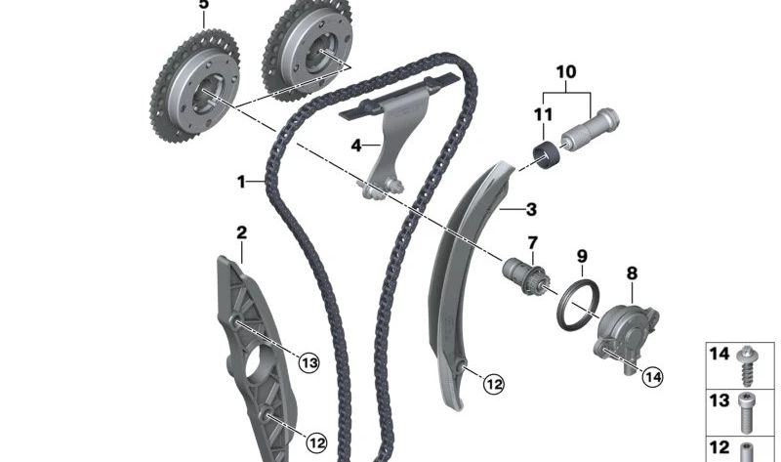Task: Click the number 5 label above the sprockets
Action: pos(203,5)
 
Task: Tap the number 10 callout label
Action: pos(566,71)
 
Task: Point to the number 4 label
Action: pos(357,146)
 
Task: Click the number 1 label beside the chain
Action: pos(240,181)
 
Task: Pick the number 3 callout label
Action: pos(531,208)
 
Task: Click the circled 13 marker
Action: pos(309,363)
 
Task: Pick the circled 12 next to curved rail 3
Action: pos(494,385)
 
